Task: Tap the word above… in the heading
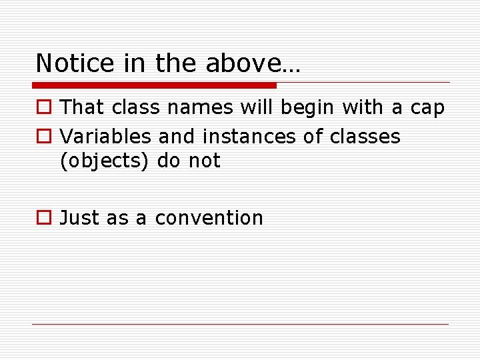(253, 63)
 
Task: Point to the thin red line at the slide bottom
(240, 324)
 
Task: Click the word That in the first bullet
(83, 108)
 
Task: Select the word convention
(209, 218)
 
